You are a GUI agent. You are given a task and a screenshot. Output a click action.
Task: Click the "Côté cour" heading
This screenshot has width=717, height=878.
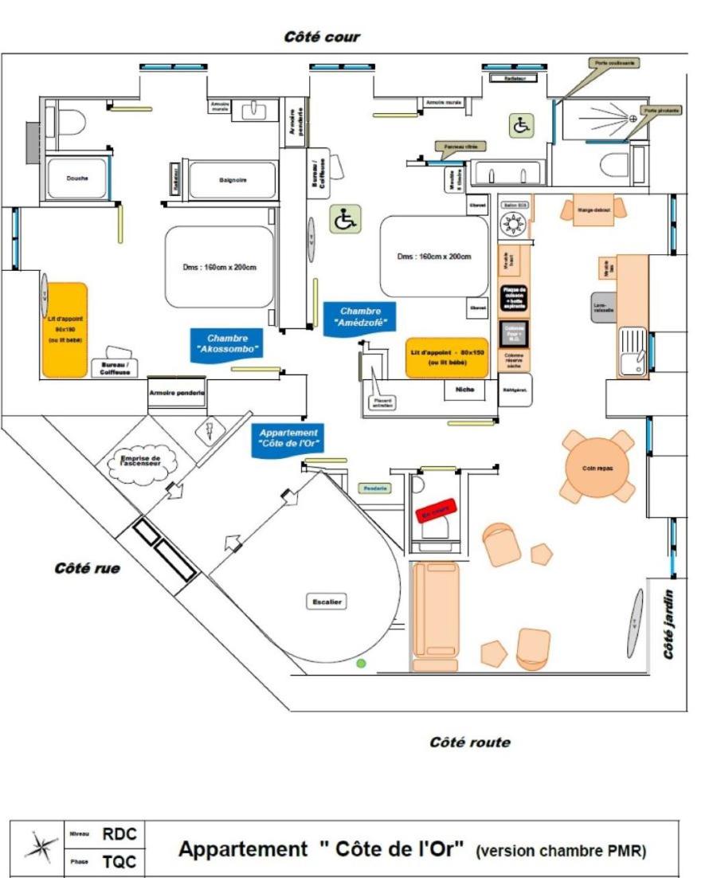[x=322, y=37]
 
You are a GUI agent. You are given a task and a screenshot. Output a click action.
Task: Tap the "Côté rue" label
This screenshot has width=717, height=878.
[x=87, y=569]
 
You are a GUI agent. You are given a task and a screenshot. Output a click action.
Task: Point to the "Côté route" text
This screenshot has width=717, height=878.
[x=469, y=743]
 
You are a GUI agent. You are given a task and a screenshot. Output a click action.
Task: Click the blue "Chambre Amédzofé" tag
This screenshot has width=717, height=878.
[x=360, y=317]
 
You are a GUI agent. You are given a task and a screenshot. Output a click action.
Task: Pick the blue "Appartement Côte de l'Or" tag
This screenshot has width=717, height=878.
[x=288, y=439]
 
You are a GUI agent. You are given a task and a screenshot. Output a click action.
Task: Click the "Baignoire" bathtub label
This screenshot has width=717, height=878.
[x=233, y=180]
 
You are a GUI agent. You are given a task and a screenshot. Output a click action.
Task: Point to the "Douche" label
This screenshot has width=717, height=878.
[x=78, y=178]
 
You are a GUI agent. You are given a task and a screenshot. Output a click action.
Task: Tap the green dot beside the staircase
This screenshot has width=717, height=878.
[x=361, y=663]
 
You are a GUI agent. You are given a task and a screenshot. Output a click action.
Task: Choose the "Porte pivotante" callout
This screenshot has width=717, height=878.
[x=662, y=110]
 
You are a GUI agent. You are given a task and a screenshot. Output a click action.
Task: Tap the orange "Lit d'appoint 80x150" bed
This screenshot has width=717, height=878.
[x=446, y=357]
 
